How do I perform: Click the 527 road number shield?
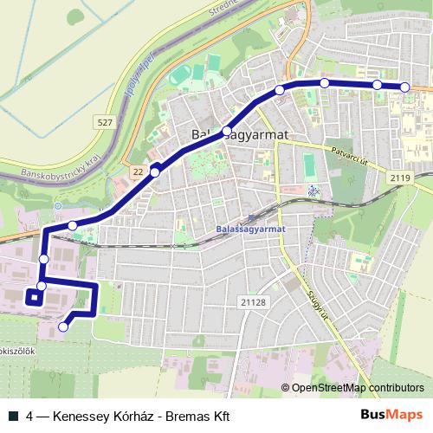105,123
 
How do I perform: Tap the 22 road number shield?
139,172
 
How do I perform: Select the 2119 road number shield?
399,178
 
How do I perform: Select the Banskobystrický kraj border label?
62,162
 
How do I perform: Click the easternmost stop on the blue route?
405,86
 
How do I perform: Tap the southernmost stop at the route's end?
63,326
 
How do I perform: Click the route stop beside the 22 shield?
155,172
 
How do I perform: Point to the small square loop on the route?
34,298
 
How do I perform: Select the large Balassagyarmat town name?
238,134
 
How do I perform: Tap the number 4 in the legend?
31,415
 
